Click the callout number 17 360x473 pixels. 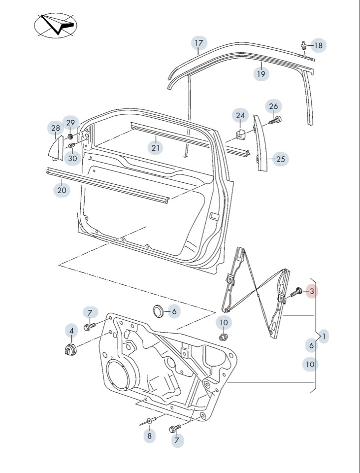pyautogui.click(x=198, y=43)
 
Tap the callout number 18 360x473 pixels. pyautogui.click(x=318, y=46)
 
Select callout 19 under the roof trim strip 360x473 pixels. pyautogui.click(x=261, y=74)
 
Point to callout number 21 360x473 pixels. pyautogui.click(x=156, y=147)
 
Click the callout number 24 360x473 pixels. pyautogui.click(x=240, y=116)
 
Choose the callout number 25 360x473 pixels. pyautogui.click(x=280, y=159)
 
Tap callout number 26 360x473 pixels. pyautogui.click(x=274, y=106)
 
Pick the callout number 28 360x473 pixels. pyautogui.click(x=55, y=128)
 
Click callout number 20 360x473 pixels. pyautogui.click(x=62, y=190)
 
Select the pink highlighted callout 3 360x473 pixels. pyautogui.click(x=312, y=292)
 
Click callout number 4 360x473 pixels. pyautogui.click(x=71, y=330)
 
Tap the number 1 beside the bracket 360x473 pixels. pyautogui.click(x=325, y=337)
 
